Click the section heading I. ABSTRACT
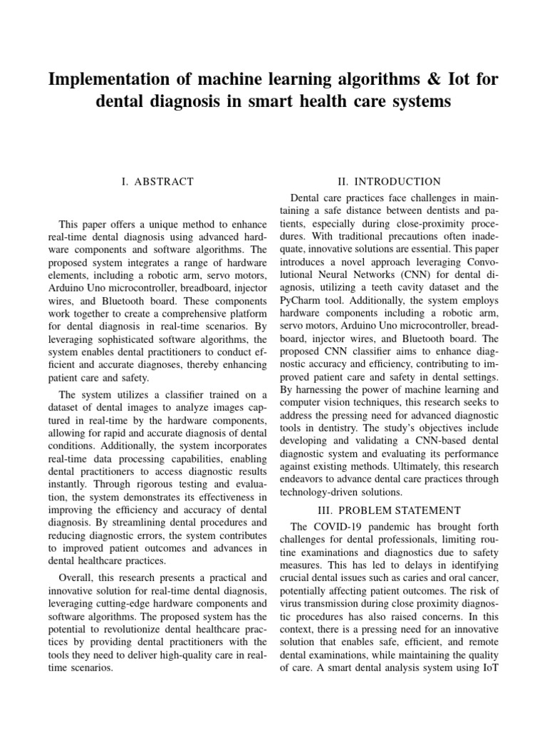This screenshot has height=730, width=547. point(157,182)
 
